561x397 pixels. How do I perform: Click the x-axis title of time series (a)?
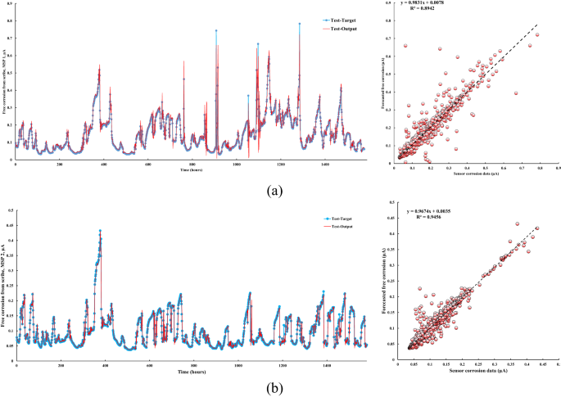(190, 170)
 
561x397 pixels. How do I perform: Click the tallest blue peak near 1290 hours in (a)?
(300, 24)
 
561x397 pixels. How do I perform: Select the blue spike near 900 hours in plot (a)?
(216, 31)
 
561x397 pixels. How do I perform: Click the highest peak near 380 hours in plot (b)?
(100, 231)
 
